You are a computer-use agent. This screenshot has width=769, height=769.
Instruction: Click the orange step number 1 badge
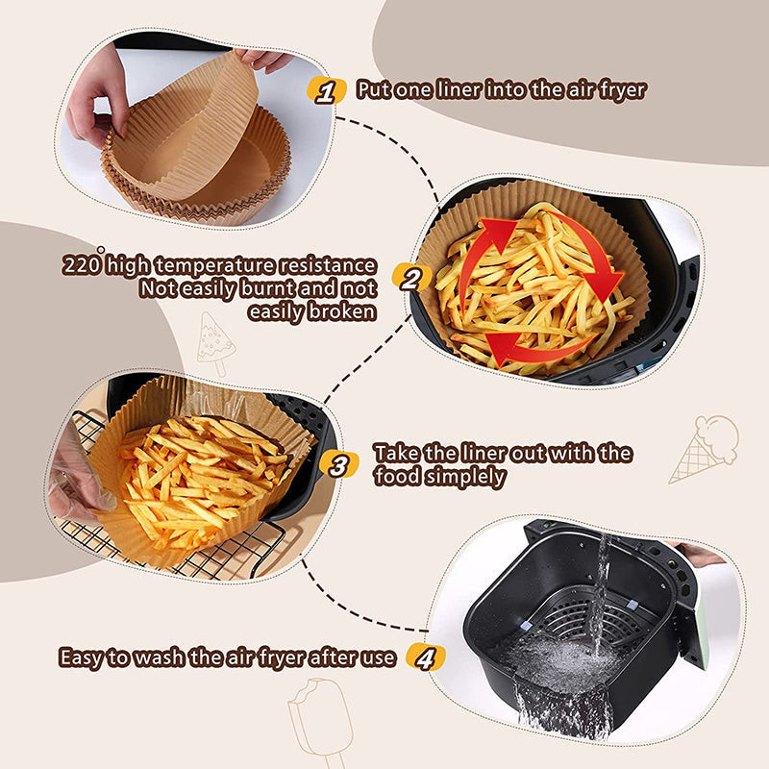tap(326, 91)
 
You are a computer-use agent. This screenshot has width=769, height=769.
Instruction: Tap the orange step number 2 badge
tap(410, 280)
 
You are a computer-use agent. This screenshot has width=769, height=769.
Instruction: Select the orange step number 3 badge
tap(337, 465)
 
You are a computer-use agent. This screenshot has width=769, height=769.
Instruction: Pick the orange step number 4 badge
tap(426, 657)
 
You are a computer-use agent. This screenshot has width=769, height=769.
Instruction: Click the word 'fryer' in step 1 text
tap(618, 90)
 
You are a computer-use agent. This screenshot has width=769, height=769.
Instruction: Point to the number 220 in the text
tap(82, 265)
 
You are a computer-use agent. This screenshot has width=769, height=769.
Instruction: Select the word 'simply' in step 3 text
tap(473, 476)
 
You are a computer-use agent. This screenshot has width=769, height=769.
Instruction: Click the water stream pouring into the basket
tap(600, 596)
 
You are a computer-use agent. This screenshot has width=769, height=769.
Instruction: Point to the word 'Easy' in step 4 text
tap(83, 658)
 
